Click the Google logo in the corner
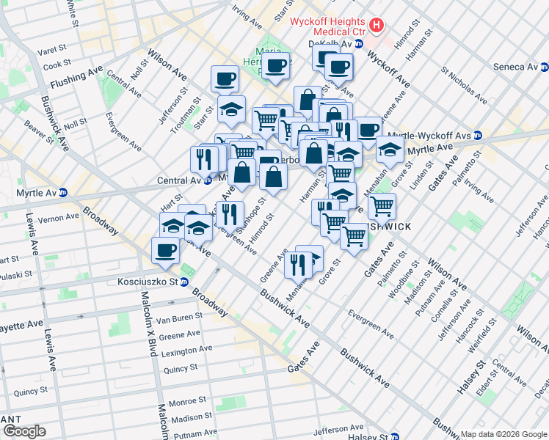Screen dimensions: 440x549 click(23, 431)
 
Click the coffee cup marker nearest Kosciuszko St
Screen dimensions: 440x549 click(165, 251)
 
